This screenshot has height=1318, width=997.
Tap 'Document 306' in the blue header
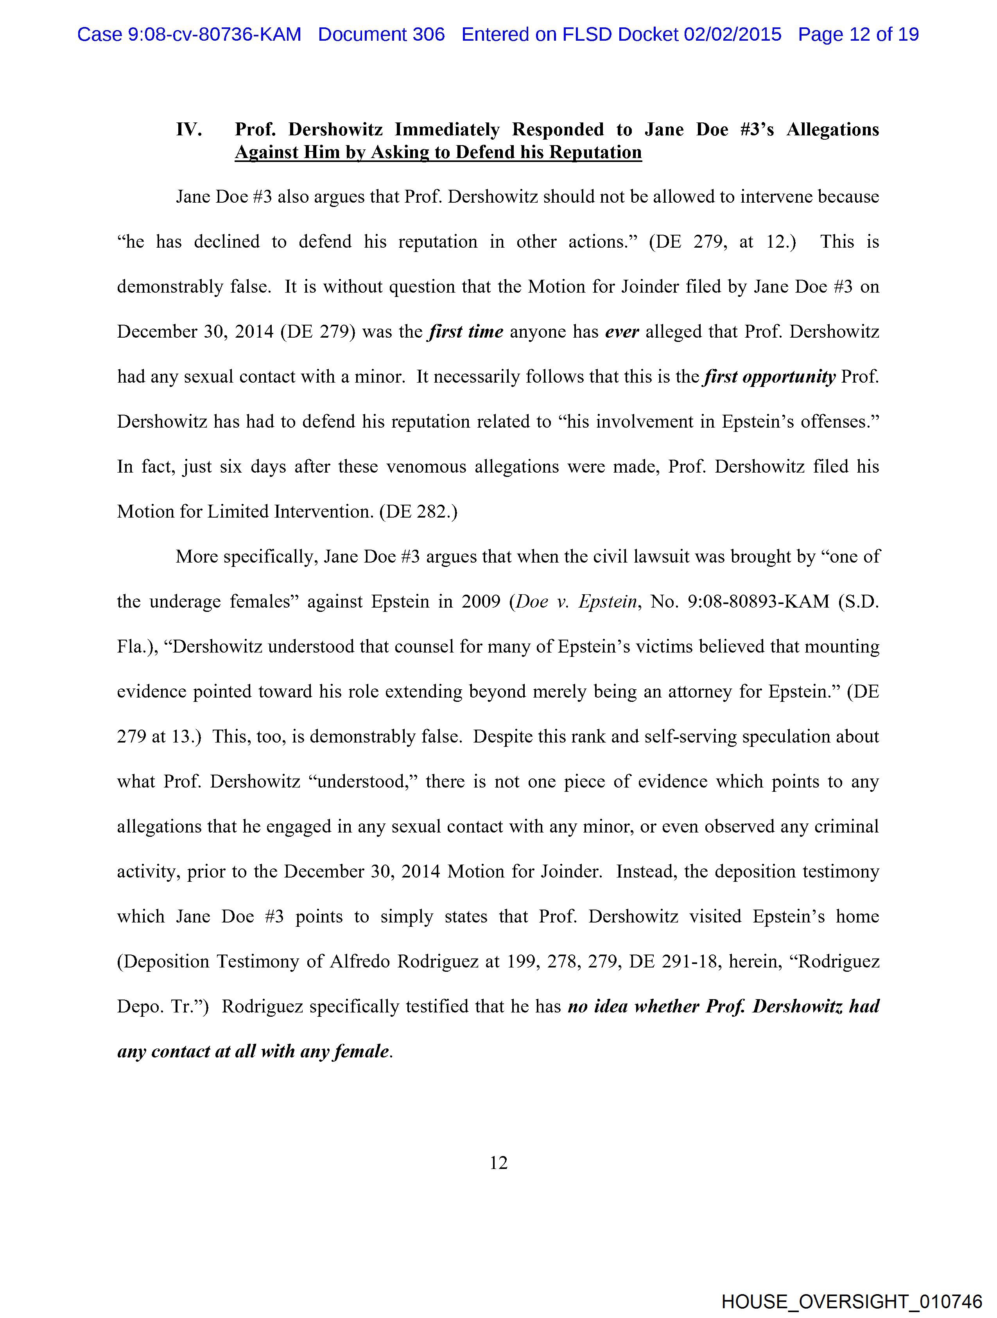pyautogui.click(x=381, y=34)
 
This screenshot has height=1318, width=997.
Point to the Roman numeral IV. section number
pyautogui.click(x=189, y=129)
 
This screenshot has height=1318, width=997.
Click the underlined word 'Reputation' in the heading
pyautogui.click(x=595, y=153)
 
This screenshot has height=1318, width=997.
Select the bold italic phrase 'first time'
pyautogui.click(x=466, y=331)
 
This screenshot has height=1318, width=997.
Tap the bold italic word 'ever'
pyautogui.click(x=622, y=331)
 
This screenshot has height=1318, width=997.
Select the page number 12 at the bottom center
pyautogui.click(x=498, y=1162)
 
